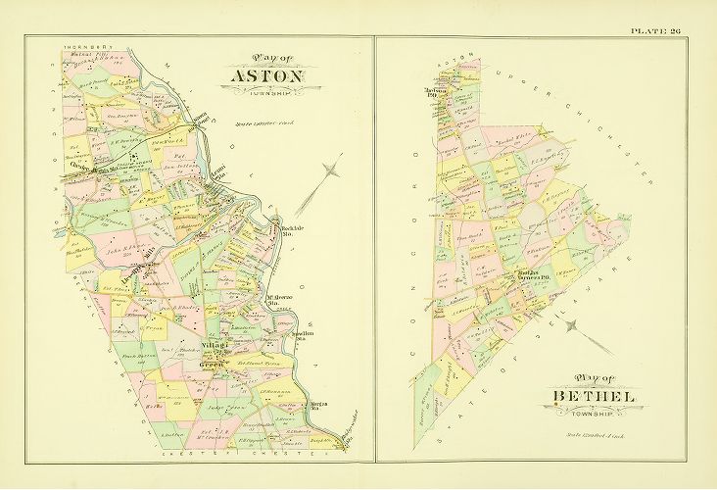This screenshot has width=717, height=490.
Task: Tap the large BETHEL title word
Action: [x=594, y=397]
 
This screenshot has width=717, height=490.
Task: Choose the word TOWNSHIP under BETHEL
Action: [x=594, y=413]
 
